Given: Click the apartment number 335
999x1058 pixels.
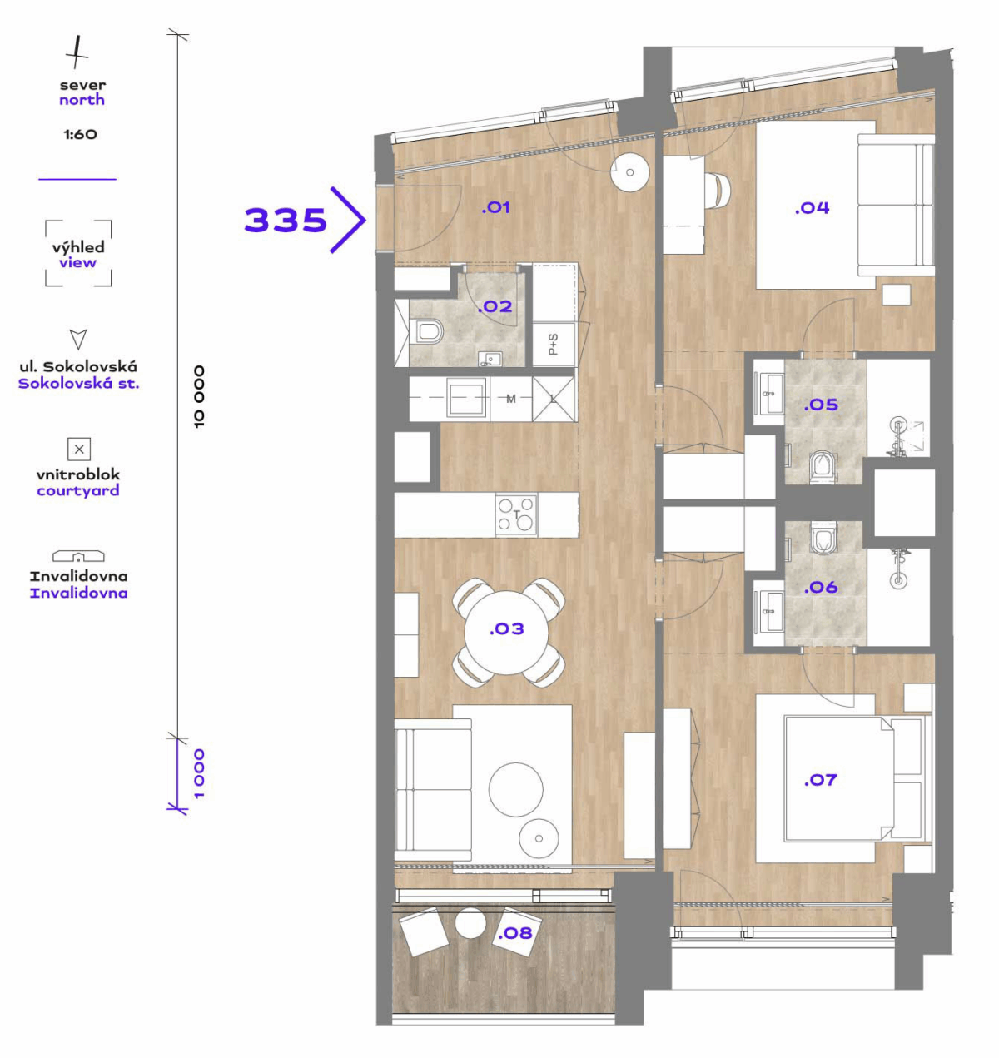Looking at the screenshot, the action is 285,220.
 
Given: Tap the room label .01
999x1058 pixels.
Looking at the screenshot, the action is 495,207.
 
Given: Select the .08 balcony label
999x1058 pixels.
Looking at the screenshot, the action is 515,933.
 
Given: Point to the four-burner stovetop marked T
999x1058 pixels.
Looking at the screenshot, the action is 516,514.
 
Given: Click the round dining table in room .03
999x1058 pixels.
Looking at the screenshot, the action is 506,633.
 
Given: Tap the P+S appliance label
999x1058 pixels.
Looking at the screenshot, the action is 553,344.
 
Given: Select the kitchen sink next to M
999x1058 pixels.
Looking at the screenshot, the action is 466,397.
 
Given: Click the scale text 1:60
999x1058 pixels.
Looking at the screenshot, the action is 81,134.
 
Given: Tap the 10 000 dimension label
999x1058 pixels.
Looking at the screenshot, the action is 199,396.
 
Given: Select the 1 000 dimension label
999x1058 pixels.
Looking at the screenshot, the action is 199,773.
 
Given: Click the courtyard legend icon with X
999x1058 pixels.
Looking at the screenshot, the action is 79,450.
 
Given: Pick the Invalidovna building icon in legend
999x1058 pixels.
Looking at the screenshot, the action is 78,556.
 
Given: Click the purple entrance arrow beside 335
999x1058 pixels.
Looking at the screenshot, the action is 348,220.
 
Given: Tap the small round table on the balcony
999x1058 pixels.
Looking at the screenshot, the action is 470,923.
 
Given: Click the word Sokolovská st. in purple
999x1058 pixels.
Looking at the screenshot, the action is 79,383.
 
